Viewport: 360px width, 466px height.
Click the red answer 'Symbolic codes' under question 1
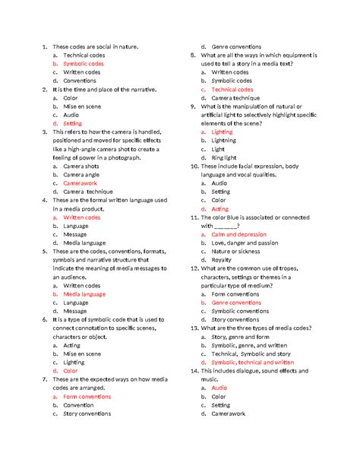point(84,64)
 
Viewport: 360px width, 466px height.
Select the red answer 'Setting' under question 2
point(73,123)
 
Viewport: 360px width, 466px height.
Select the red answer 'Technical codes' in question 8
point(232,90)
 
